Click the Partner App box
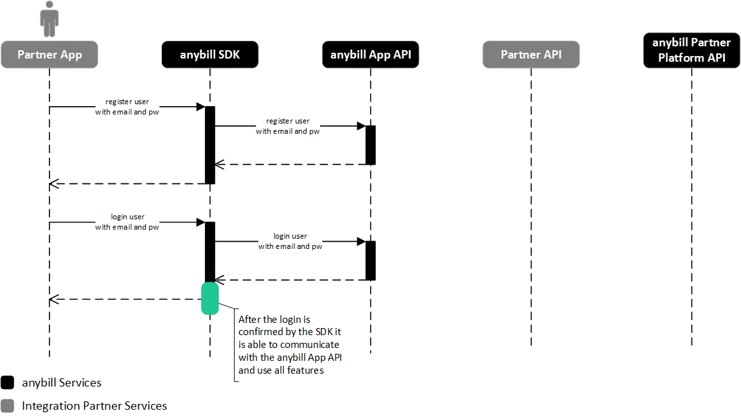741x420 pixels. [49, 55]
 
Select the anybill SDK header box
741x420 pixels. [210, 55]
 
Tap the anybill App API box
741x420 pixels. [370, 55]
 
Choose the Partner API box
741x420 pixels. [531, 55]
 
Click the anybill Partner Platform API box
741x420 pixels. [692, 50]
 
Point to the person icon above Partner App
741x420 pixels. [49, 19]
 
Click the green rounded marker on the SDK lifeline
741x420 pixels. [210, 298]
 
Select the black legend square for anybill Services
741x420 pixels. [8, 383]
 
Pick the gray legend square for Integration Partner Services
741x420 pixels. [8, 406]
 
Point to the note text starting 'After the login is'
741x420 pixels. [290, 345]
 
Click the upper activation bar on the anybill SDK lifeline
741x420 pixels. [210, 145]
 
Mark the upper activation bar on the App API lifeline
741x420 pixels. [370, 145]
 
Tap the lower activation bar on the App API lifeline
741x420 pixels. [370, 260]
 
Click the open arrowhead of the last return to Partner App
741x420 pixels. [53, 299]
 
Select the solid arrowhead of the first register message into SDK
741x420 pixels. [201, 107]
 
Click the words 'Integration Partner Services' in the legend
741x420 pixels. [94, 406]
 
